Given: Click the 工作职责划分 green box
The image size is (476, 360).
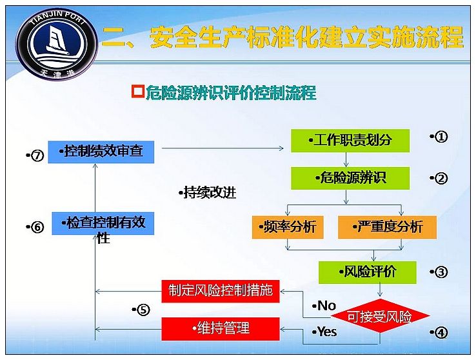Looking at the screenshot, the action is tap(350, 141).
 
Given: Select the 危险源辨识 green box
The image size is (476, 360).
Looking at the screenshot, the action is tap(350, 178).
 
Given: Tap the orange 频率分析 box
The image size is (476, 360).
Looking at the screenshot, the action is tap(288, 227).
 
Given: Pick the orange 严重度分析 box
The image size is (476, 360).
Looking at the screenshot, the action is tap(387, 227).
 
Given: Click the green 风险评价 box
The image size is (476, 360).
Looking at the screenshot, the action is tap(368, 272).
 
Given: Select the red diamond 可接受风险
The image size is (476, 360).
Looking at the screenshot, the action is tap(380, 316).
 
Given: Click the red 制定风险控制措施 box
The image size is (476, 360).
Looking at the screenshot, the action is tap(220, 291).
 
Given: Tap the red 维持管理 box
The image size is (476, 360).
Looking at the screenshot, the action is tap(220, 329).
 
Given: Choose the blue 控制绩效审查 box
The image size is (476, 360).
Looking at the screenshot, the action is tap(101, 152).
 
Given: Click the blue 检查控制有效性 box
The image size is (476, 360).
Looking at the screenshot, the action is tap(103, 224).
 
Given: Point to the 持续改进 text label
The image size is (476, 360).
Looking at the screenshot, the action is tap(208, 193).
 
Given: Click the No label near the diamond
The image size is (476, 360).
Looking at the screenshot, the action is tap(324, 306).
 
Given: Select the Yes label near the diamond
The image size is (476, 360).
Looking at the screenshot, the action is tap(324, 332).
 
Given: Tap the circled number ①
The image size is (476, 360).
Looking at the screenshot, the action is tap(441, 137).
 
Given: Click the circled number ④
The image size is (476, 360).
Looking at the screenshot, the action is tap(441, 333).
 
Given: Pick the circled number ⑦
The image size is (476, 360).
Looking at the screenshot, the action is tap(37, 155).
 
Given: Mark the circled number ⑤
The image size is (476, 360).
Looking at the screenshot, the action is tap(143, 310).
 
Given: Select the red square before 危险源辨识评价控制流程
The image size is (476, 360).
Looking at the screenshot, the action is tap(138, 92).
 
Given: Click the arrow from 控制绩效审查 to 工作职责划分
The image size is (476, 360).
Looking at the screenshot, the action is tap(223, 148).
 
